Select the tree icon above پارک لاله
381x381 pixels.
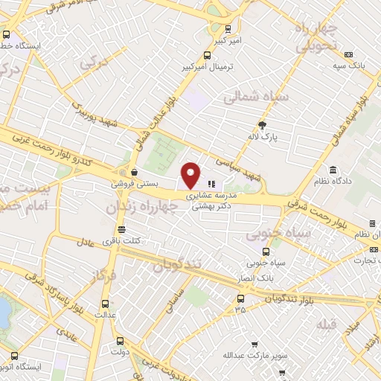coord(261,124)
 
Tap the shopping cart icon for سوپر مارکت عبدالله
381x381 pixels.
coord(255,345)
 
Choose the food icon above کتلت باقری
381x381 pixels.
coord(122,228)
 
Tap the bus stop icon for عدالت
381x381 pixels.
coord(104,303)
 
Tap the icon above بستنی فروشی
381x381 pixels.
coord(133,171)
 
